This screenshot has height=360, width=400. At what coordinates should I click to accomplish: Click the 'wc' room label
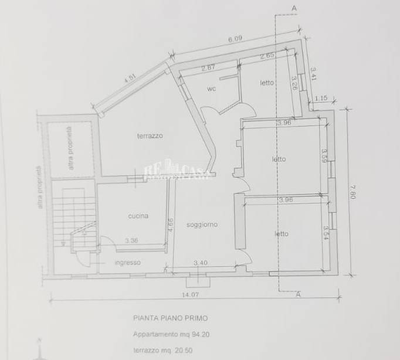click(x=212, y=89)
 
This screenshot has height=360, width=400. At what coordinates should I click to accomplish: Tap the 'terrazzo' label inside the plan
click(x=150, y=135)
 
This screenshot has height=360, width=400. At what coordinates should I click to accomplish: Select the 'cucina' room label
click(x=138, y=216)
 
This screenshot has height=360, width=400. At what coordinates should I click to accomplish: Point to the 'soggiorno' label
click(x=202, y=225)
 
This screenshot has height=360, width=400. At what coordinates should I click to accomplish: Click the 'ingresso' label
click(x=127, y=262)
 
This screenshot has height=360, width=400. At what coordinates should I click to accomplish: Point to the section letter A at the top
click(x=293, y=7)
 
